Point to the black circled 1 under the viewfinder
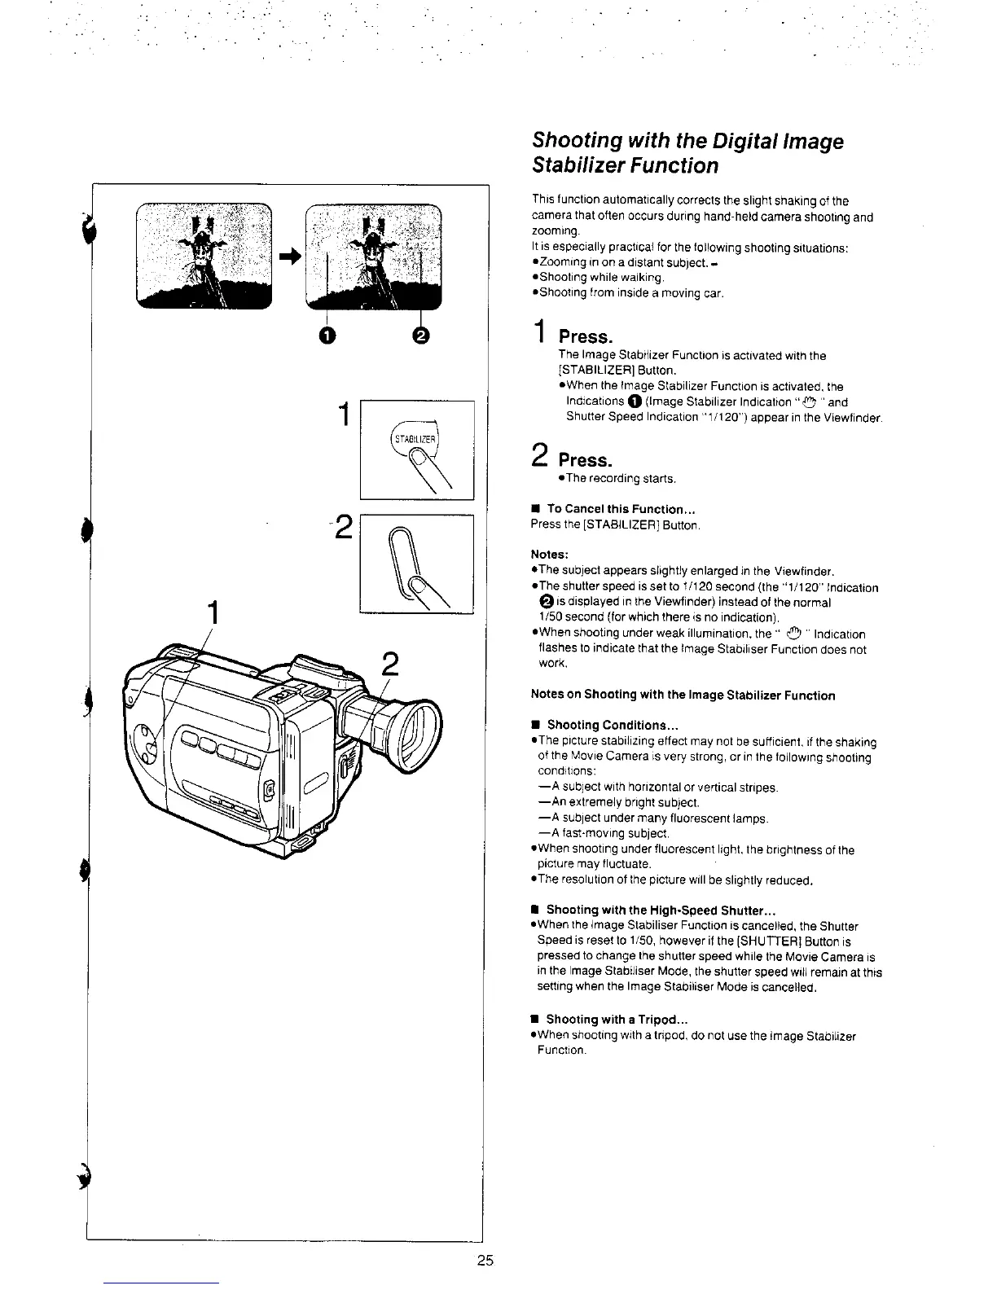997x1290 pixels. click(327, 336)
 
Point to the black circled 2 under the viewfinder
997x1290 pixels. click(421, 336)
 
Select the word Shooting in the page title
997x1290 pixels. click(575, 142)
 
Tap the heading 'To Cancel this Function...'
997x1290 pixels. click(620, 510)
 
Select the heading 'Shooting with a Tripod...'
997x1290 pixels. click(617, 1020)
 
